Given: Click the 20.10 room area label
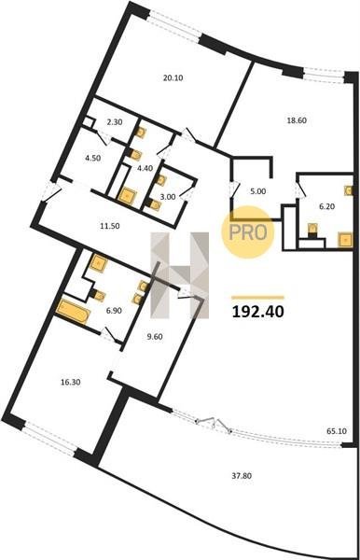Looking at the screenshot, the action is (x=173, y=77).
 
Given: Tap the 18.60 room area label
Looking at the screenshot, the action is (x=297, y=120).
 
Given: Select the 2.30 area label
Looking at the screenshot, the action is (x=115, y=122).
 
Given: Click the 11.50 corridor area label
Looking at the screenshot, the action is (x=109, y=226).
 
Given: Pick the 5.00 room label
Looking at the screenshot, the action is (x=258, y=191).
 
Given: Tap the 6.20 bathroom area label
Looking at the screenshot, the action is (x=326, y=206).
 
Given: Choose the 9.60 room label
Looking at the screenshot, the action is (x=155, y=336).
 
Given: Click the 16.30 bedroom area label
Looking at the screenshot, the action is (x=70, y=382).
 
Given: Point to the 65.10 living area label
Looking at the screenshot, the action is (x=337, y=431).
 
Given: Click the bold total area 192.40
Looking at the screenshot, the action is (x=258, y=312).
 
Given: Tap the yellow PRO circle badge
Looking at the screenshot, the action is (x=248, y=232).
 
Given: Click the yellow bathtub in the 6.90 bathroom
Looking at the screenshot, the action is (x=73, y=311).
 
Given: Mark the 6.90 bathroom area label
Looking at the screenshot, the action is (x=114, y=311).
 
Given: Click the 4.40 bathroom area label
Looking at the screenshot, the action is (x=145, y=167).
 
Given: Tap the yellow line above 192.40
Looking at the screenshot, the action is (x=258, y=297).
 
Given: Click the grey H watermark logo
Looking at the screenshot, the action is (x=179, y=275).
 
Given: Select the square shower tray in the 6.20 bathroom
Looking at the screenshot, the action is (x=345, y=240).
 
